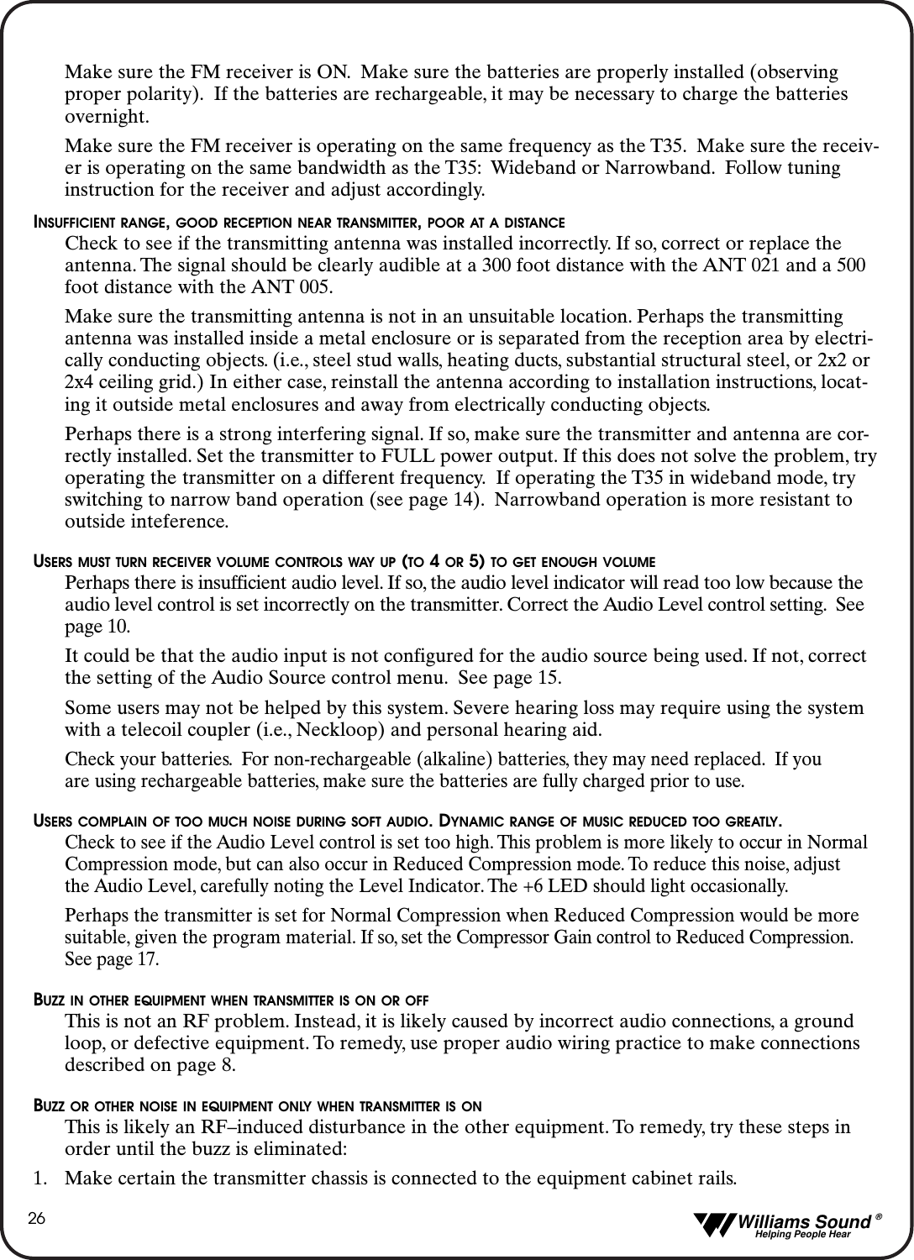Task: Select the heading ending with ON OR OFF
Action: [231, 1001]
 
